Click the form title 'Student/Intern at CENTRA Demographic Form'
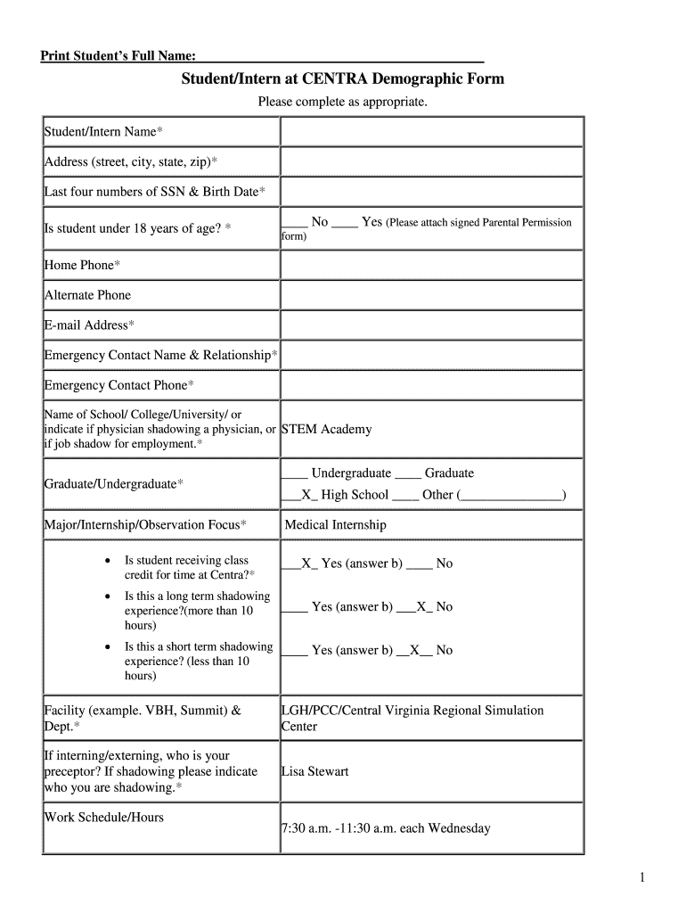343,78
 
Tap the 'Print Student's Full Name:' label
112,57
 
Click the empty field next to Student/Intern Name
431,132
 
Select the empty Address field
431,161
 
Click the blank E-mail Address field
431,325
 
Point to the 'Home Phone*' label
82,265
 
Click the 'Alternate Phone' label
87,295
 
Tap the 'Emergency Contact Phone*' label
118,385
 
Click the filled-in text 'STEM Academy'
326,429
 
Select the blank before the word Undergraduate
295,473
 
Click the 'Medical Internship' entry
335,525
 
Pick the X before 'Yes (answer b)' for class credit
306,563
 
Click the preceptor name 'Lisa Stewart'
314,771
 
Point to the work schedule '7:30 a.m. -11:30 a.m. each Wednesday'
386,828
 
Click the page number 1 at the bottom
641,878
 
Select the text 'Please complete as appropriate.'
343,103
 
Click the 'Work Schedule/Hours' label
104,817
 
